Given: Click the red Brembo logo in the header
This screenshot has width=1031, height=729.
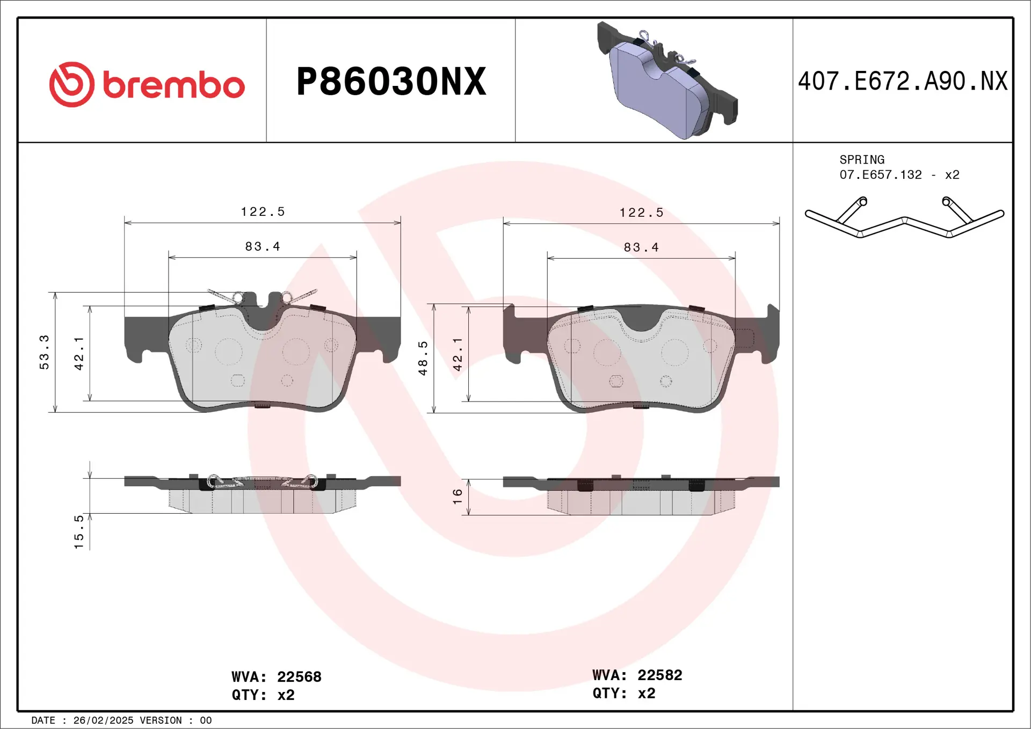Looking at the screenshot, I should (147, 84).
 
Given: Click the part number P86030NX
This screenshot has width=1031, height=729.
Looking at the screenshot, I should (391, 82).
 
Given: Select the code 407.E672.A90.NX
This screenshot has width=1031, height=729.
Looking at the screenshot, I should (903, 82).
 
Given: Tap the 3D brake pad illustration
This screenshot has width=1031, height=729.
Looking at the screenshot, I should (666, 81).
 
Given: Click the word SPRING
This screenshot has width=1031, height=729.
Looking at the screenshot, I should (862, 160).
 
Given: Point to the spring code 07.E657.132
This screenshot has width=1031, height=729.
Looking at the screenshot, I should (881, 175).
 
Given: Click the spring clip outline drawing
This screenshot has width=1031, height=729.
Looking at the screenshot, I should (904, 219).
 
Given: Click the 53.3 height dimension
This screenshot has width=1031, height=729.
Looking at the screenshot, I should (44, 352).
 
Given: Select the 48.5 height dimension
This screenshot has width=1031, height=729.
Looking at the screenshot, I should (423, 358).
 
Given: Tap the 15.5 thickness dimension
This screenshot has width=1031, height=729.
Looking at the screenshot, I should (79, 531).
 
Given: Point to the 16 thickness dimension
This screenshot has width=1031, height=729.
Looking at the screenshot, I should (458, 495).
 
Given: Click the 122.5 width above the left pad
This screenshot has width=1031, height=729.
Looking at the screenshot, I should (263, 212).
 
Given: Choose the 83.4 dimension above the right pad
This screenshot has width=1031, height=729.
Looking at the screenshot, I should (641, 247).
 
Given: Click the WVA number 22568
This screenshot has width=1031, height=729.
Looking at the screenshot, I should (299, 677).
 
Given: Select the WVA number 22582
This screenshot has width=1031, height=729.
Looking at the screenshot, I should (659, 675).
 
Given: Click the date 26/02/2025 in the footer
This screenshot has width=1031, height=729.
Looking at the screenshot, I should (103, 720).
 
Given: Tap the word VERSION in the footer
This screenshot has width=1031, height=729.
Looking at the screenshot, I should (161, 720).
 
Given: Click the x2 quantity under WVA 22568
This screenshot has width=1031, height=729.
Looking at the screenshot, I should (286, 695).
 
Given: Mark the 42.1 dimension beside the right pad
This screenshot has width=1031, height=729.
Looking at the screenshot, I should (458, 354).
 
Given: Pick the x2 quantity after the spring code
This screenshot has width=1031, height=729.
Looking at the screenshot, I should (952, 175).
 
